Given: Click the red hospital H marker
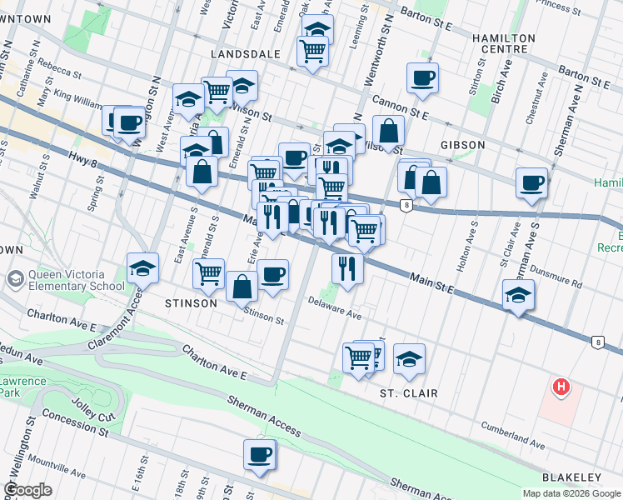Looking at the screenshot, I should point(562,387).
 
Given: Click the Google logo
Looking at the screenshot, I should point(27,490).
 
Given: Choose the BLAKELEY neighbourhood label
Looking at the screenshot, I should point(571,477).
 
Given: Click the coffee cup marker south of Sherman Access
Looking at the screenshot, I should point(260,455).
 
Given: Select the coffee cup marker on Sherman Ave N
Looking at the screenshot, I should point(531,183).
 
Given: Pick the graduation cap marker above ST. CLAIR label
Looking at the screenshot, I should point(409,359).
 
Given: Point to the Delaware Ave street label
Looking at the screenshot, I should point(335,308).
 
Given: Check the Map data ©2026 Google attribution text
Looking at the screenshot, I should point(572,493).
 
